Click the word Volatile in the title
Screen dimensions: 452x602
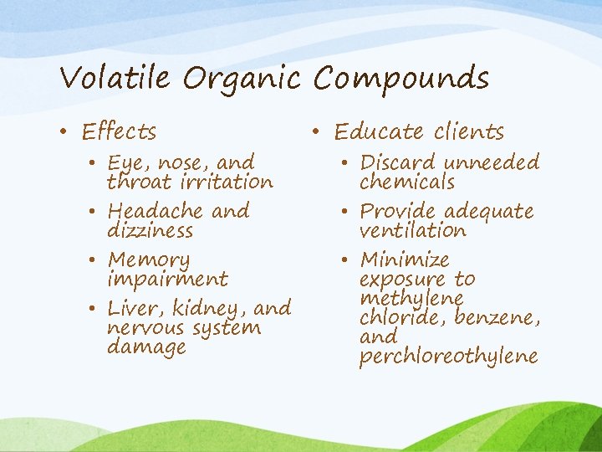tap(115, 79)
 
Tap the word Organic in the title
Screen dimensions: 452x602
tap(242, 79)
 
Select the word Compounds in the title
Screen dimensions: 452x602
tap(401, 79)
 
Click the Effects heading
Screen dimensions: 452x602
tap(120, 131)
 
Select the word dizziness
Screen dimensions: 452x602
tap(150, 230)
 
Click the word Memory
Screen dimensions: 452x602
tap(150, 260)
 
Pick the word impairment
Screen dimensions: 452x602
tap(168, 279)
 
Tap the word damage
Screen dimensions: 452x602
tap(147, 347)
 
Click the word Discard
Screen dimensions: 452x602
tap(398, 162)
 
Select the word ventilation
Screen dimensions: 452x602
tap(413, 230)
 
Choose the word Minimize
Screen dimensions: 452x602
tap(405, 260)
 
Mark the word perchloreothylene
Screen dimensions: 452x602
tap(448, 357)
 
